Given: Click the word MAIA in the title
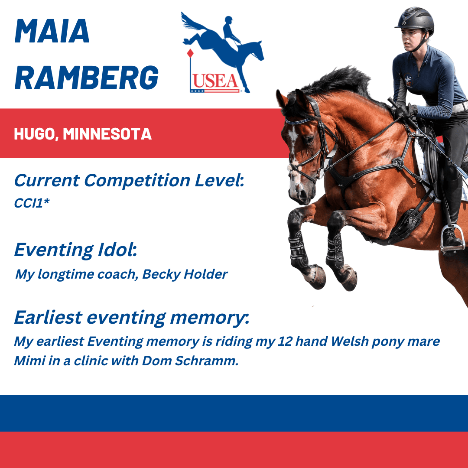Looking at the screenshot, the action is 52,31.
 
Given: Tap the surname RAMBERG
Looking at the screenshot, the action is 87,78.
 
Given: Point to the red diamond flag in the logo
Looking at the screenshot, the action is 190,53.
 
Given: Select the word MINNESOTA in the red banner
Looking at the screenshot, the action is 107,134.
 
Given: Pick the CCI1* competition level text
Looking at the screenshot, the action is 32,203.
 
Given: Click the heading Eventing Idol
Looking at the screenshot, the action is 75,250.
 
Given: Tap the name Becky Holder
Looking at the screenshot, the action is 185,274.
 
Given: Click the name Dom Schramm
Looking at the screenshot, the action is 190,361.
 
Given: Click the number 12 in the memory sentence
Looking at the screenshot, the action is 284,341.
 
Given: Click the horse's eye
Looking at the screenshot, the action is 309,139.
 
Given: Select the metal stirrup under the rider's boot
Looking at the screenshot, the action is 452,237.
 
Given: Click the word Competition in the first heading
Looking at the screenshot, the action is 137,181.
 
